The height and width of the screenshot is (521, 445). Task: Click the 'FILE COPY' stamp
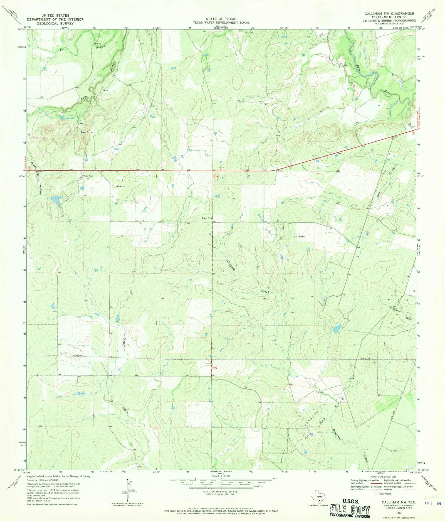coord(350,510)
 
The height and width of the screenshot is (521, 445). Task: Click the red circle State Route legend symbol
coord(377,494)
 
